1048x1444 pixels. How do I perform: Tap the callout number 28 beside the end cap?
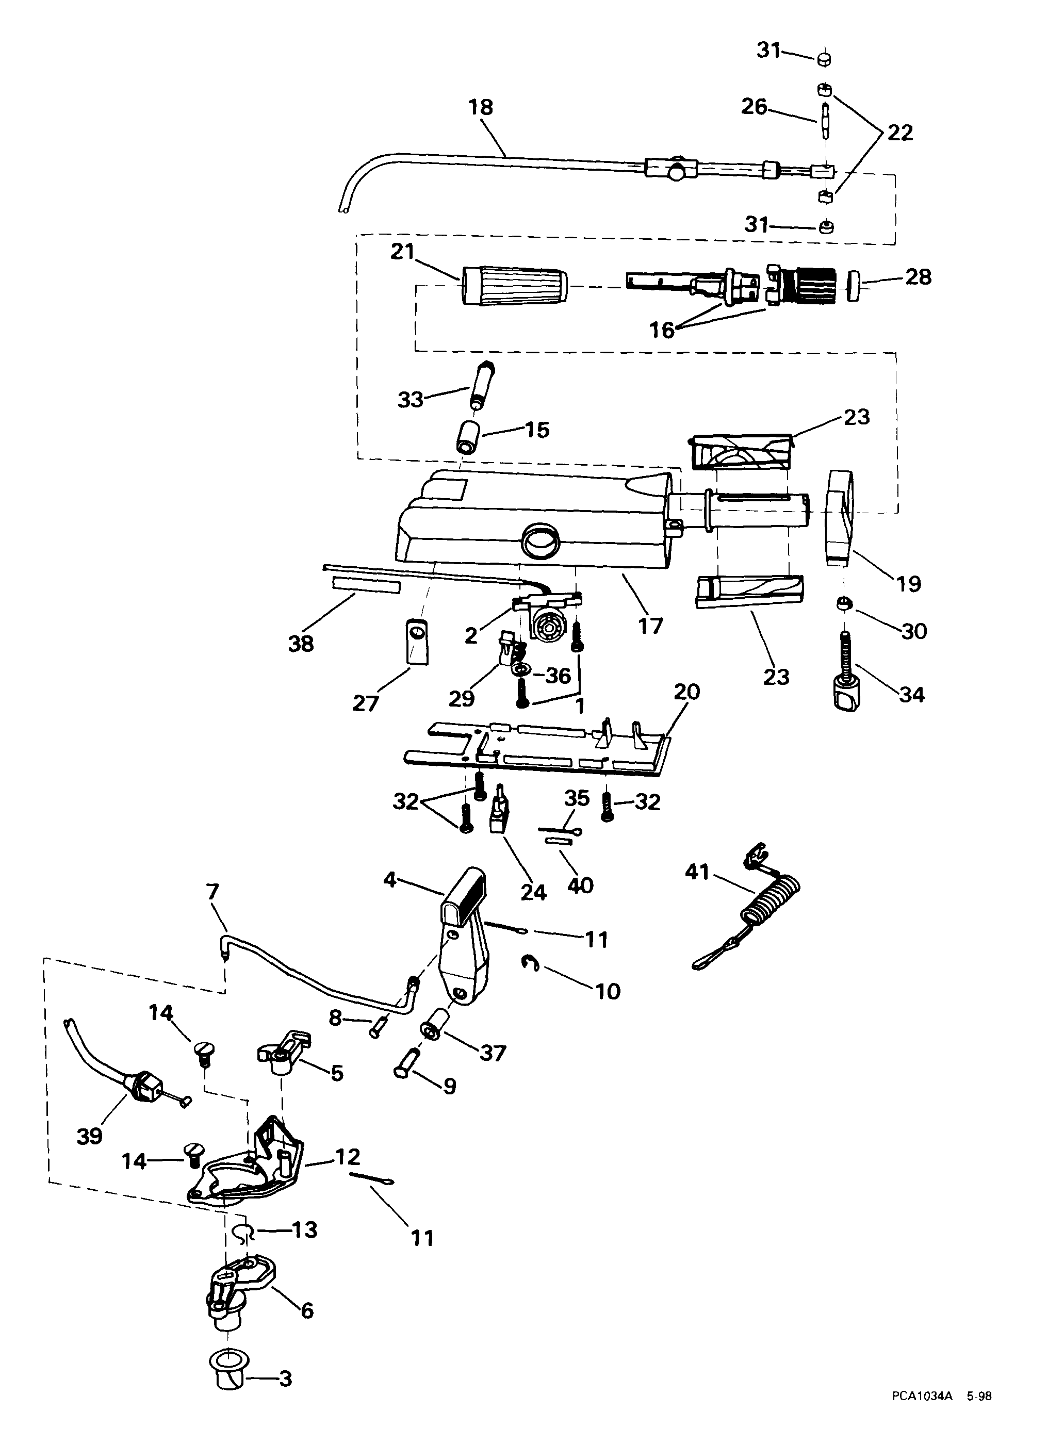tap(918, 277)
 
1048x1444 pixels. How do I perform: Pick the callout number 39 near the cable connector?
tap(89, 1137)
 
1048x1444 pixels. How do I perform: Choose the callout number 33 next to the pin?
tap(411, 400)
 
